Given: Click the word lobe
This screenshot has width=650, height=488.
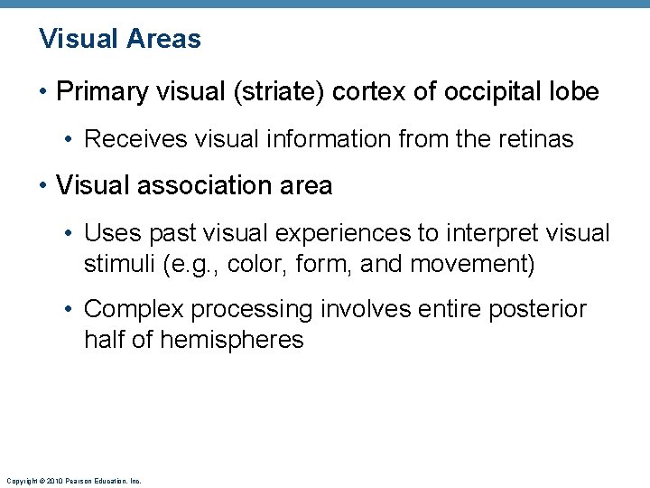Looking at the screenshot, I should (x=573, y=92).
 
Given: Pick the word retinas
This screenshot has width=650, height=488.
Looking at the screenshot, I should (x=538, y=139).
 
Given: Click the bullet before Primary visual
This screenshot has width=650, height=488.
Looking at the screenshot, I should (x=44, y=92).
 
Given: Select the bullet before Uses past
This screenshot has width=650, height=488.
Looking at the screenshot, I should (x=71, y=233).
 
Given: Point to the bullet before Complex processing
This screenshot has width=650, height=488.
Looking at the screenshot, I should (x=71, y=309).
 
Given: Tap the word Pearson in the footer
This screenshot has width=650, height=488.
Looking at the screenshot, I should (x=77, y=481).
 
